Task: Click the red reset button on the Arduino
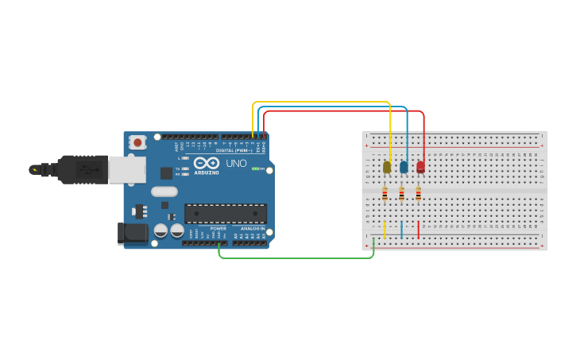(137, 143)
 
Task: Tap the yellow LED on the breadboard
(387, 167)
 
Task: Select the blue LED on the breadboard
(404, 167)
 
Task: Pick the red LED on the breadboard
(420, 167)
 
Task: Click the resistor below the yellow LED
(385, 193)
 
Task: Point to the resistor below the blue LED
(402, 193)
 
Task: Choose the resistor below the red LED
(419, 193)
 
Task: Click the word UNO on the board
(236, 164)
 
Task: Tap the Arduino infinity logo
(206, 163)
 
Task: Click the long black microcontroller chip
(226, 213)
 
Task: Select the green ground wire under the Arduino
(294, 257)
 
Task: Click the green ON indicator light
(254, 168)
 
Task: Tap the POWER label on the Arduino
(218, 229)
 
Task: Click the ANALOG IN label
(252, 229)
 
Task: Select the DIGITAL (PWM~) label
(234, 150)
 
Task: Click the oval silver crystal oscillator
(164, 192)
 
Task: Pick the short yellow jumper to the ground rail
(385, 230)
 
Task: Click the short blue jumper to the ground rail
(402, 230)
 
